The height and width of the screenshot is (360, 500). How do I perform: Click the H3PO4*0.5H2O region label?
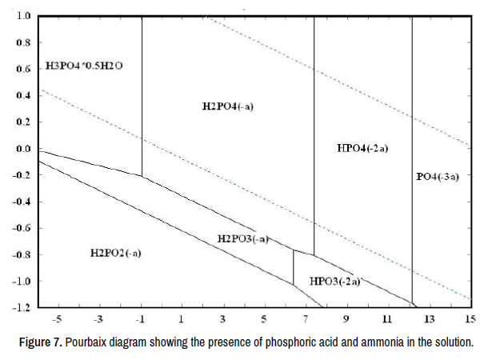pos(84,66)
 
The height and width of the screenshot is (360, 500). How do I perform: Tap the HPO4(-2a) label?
pos(362,148)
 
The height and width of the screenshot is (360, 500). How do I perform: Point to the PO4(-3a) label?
pos(438,176)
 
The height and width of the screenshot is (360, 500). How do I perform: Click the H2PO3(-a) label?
pos(241,238)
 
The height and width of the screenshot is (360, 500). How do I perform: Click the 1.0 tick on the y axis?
pos(22,16)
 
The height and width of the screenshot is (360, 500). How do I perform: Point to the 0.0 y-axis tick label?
pos(22,149)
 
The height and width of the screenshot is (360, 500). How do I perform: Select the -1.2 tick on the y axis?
pos(21,307)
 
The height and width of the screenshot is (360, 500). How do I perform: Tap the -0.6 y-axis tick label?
pos(21,228)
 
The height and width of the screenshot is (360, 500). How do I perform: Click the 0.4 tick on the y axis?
pos(22,96)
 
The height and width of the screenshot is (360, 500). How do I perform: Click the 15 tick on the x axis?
pos(469,320)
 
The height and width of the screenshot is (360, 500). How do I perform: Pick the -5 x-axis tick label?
pos(57,320)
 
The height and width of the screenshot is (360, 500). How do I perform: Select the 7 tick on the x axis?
pos(305,320)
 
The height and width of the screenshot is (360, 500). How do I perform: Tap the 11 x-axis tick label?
pos(387,320)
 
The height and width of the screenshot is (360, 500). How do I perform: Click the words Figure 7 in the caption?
pos(41,343)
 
